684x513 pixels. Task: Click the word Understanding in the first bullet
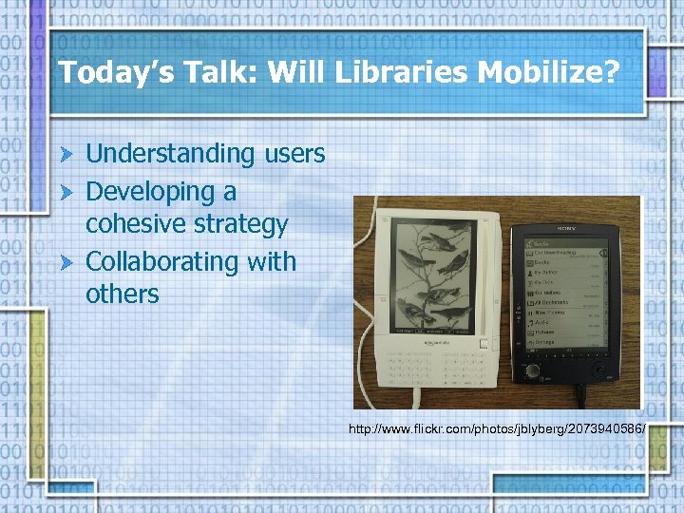170,153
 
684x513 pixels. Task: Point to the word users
293,153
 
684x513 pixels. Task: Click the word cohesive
134,225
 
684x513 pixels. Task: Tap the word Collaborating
163,261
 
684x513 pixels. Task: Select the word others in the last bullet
123,294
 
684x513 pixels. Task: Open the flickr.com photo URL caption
497,429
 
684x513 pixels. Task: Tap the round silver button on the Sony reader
535,370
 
